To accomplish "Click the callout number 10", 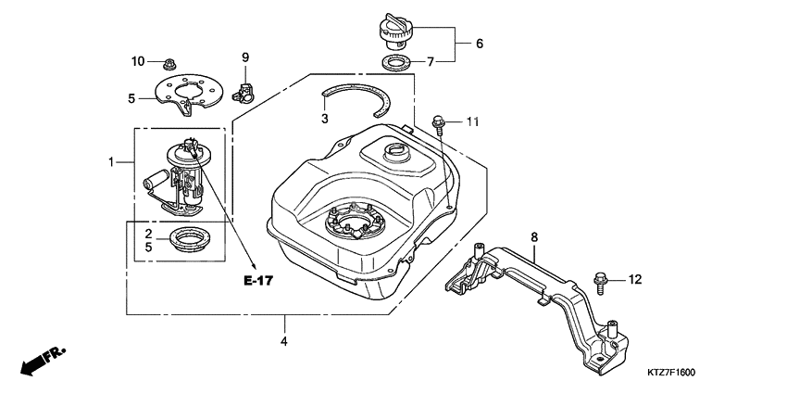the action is [138, 61].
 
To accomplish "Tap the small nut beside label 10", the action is [169, 64].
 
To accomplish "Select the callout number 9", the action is [245, 57].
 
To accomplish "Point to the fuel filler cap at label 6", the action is [395, 32].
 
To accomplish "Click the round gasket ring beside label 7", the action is [396, 63].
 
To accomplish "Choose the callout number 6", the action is [480, 44].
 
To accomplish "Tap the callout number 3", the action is [325, 119].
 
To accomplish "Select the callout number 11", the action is [472, 121].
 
